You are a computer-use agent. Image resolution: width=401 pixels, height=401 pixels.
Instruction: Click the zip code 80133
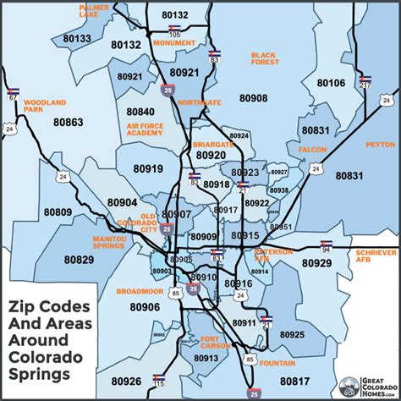point(77,38)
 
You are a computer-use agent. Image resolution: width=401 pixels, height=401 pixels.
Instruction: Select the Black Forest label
point(263,58)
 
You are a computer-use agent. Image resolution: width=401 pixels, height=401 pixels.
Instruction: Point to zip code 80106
point(331,82)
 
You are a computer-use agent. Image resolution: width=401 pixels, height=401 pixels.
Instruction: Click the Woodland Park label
point(46,107)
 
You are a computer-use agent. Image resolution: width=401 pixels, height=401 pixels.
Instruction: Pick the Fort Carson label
point(217,343)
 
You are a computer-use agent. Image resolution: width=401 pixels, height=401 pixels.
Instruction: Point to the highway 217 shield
point(365,81)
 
